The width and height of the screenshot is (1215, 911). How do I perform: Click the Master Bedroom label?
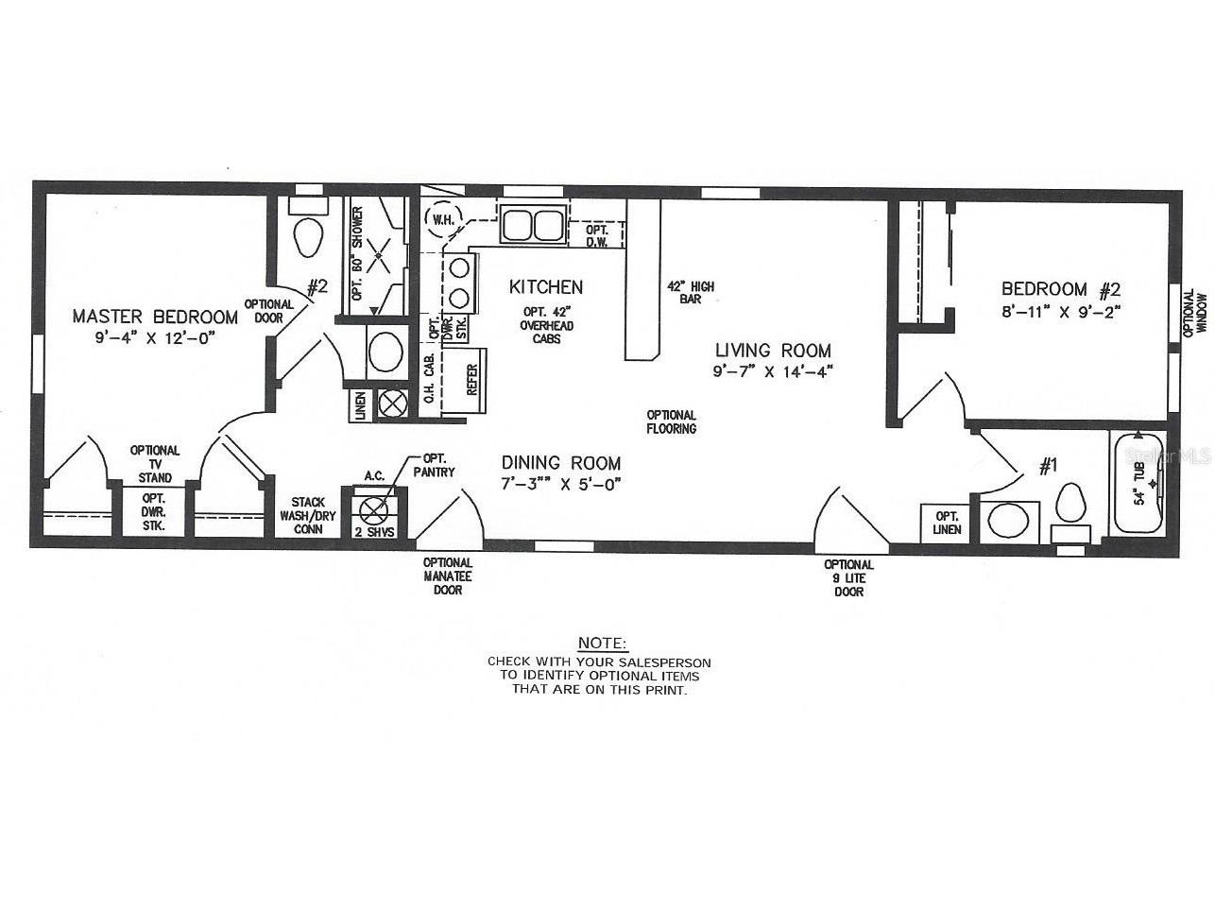(x=155, y=316)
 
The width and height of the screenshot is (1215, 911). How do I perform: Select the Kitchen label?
(x=546, y=286)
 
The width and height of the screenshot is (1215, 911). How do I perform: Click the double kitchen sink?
(x=532, y=225)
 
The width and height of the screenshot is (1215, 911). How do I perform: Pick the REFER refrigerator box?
(x=471, y=380)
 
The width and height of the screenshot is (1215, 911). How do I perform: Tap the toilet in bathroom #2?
(x=307, y=236)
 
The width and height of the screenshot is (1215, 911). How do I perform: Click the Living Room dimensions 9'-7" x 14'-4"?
(x=772, y=372)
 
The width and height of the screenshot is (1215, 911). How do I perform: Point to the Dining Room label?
(x=561, y=463)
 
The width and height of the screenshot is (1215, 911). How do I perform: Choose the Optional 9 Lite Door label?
(x=848, y=578)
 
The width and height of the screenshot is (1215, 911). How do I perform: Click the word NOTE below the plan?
(x=601, y=643)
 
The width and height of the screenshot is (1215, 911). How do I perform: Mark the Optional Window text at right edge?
(x=1195, y=312)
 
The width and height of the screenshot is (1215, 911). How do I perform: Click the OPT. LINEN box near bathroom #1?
(x=947, y=523)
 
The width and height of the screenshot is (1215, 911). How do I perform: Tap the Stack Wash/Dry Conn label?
(x=308, y=516)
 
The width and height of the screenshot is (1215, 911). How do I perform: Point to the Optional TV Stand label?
(x=155, y=464)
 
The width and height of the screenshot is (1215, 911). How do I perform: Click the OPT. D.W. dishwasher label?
(x=596, y=236)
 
